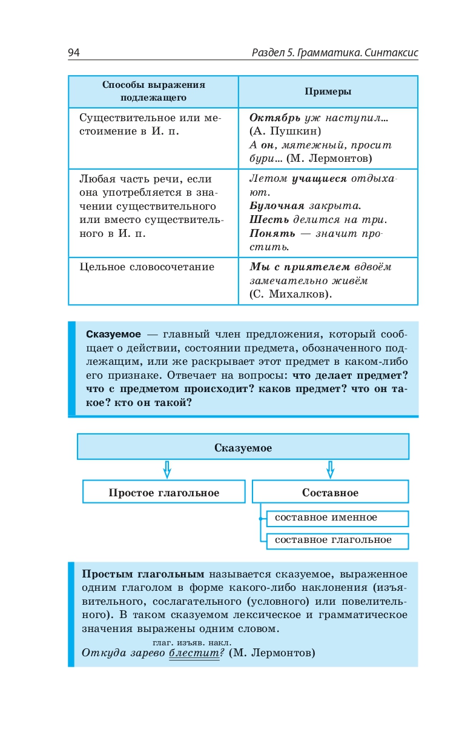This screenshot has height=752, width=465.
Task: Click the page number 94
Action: (74, 53)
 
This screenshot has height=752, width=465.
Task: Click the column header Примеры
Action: (328, 92)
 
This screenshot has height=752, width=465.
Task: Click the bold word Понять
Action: (272, 233)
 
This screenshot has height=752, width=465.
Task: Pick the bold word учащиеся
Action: (319, 179)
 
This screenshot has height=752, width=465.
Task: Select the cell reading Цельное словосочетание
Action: (147, 267)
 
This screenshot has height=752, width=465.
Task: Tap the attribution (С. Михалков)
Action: (291, 294)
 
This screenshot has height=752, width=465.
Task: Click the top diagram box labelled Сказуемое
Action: (243, 448)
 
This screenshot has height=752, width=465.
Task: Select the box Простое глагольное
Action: (163, 493)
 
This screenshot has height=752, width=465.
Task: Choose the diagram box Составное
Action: (330, 493)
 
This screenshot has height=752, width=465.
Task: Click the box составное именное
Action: (326, 517)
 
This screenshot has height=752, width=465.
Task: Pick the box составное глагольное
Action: (333, 540)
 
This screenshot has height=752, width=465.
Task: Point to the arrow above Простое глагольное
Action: (168, 469)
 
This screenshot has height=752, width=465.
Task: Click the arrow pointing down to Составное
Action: (330, 469)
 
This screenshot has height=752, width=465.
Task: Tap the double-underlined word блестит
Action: (194, 653)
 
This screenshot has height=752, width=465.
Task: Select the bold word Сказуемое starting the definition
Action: (114, 334)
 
